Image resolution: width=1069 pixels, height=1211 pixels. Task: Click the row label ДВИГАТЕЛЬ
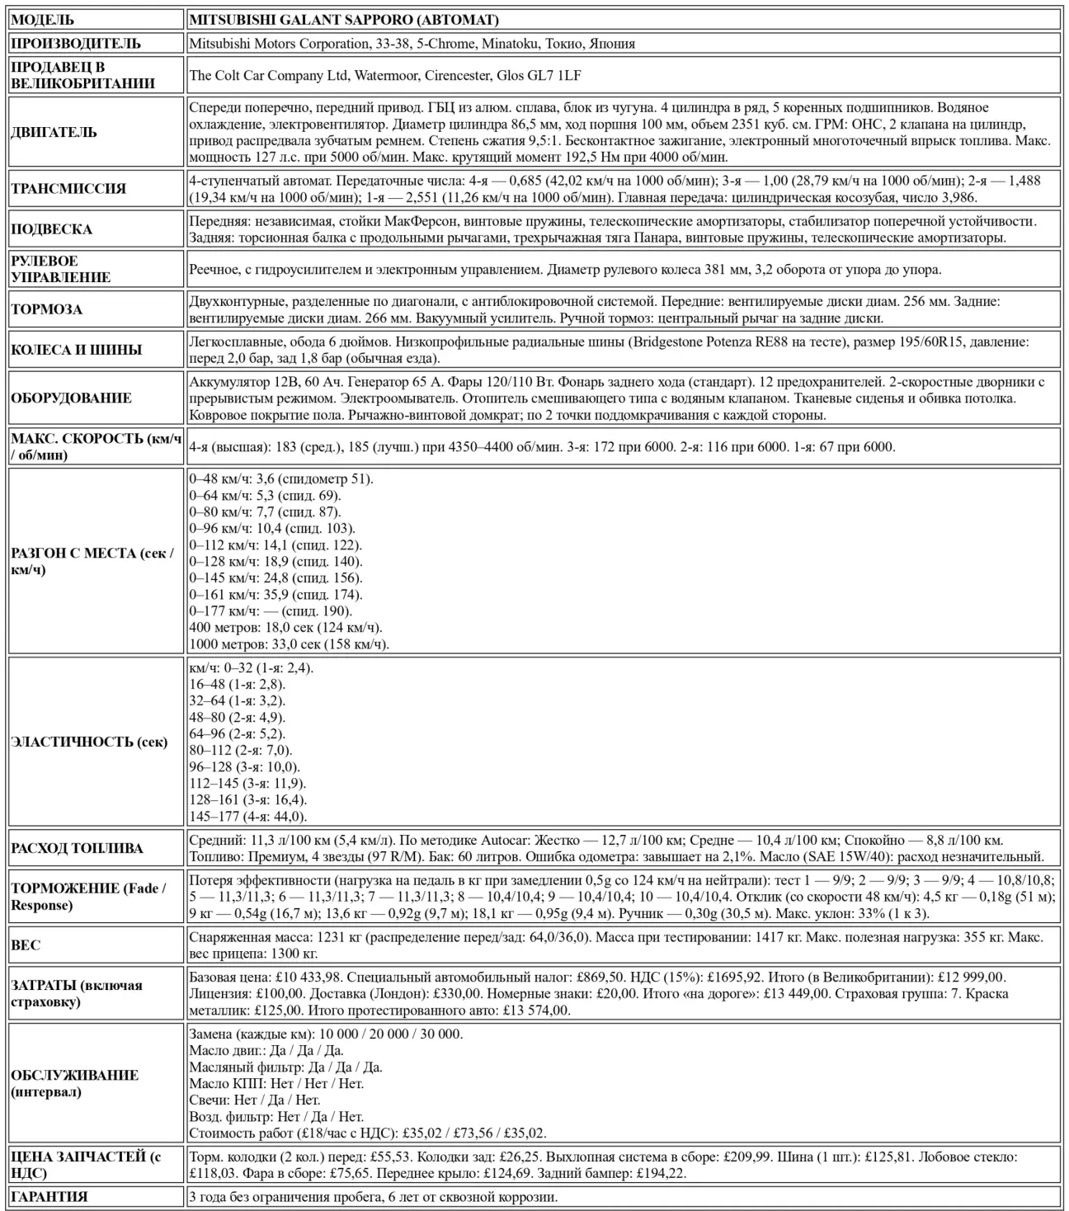pyautogui.click(x=54, y=133)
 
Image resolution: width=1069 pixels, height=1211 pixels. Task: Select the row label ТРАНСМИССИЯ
pyautogui.click(x=68, y=189)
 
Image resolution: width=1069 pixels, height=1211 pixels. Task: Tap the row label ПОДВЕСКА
pyautogui.click(x=51, y=229)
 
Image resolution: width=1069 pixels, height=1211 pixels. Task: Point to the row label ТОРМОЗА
pyautogui.click(x=47, y=310)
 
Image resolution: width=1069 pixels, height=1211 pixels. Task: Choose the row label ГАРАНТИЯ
pyautogui.click(x=49, y=1196)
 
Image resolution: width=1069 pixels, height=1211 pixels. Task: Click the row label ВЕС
pyautogui.click(x=26, y=945)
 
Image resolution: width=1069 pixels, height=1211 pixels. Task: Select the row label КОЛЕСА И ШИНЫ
pyautogui.click(x=77, y=350)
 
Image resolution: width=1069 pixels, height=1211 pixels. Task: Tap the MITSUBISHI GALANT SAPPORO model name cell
pyautogui.click(x=343, y=20)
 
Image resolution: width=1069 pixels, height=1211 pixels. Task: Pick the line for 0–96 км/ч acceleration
pyautogui.click(x=272, y=529)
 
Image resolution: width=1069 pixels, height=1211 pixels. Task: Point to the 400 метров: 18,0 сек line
pyautogui.click(x=280, y=628)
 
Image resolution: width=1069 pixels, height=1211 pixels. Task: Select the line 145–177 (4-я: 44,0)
pyautogui.click(x=248, y=817)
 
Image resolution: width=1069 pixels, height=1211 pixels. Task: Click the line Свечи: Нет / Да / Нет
pyautogui.click(x=255, y=1100)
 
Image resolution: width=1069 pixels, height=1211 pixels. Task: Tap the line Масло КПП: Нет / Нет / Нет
pyautogui.click(x=276, y=1083)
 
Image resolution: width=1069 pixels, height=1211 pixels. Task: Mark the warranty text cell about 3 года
pyautogui.click(x=373, y=1196)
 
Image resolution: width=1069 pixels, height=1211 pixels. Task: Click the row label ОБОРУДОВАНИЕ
pyautogui.click(x=71, y=398)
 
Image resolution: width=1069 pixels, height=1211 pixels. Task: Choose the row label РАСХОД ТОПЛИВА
pyautogui.click(x=77, y=848)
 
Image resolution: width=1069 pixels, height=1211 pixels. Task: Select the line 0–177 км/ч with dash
pyautogui.click(x=271, y=611)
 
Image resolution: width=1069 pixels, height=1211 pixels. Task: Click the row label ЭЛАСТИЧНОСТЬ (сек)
pyautogui.click(x=89, y=742)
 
